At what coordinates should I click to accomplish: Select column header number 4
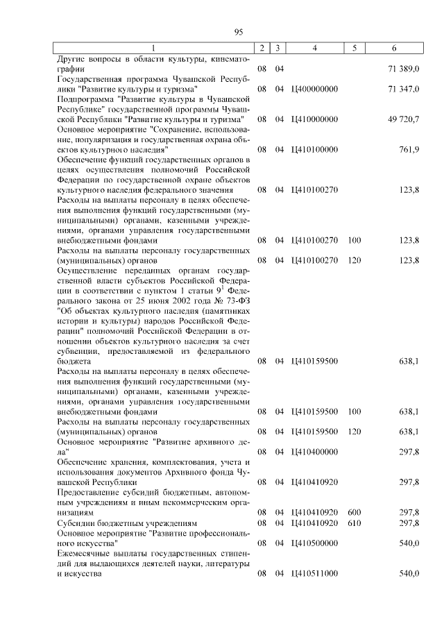(315, 48)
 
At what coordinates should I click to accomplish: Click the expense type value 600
(355, 512)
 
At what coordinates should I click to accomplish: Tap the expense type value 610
(355, 523)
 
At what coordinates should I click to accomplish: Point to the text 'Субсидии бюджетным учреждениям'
(128, 523)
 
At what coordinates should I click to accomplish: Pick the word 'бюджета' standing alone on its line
(74, 361)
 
